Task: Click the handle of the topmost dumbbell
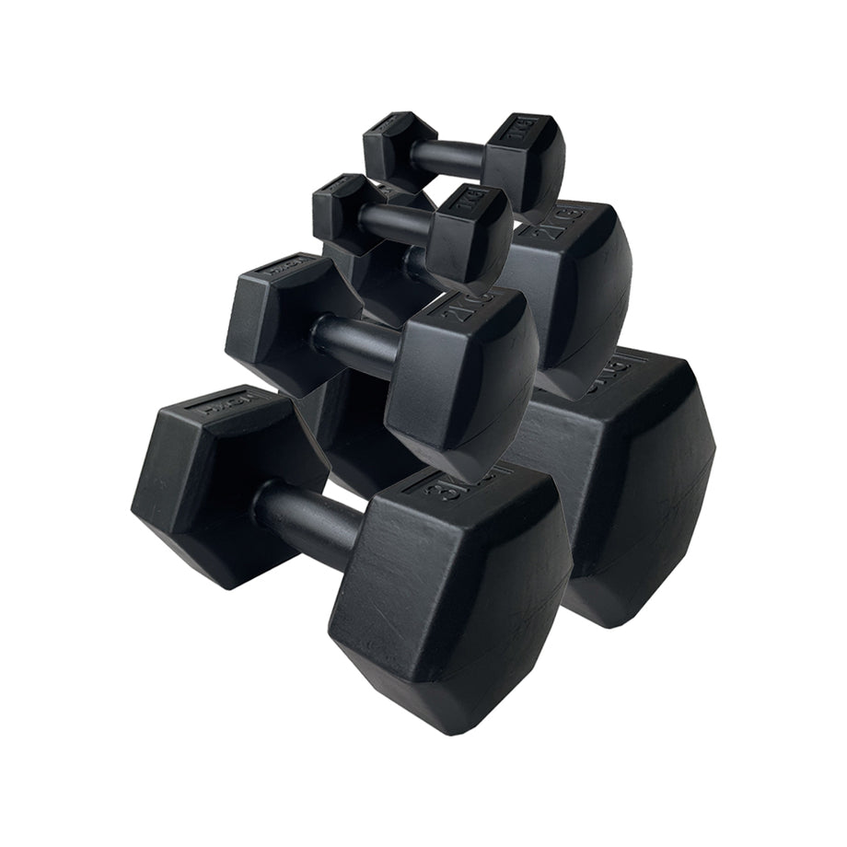pos(446,157)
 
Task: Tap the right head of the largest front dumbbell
pos(451,598)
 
